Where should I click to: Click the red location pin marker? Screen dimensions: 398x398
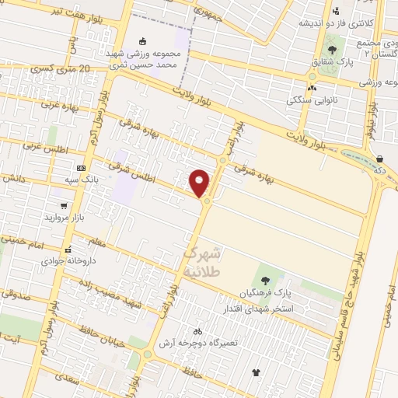coord(200,183)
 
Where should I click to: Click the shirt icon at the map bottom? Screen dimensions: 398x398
coord(256,372)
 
